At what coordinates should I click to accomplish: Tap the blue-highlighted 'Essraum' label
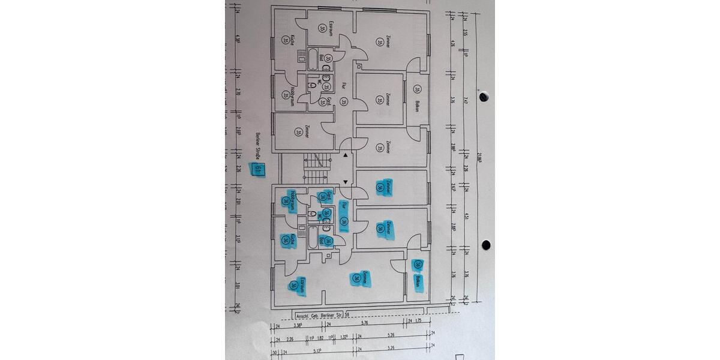(303, 284)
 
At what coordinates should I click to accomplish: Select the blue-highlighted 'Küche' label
(292, 238)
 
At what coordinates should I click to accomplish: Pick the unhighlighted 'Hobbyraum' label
(292, 95)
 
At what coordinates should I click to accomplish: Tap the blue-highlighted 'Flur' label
(344, 206)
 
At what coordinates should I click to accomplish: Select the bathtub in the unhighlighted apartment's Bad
(313, 57)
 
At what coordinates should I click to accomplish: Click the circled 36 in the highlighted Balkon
(418, 265)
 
